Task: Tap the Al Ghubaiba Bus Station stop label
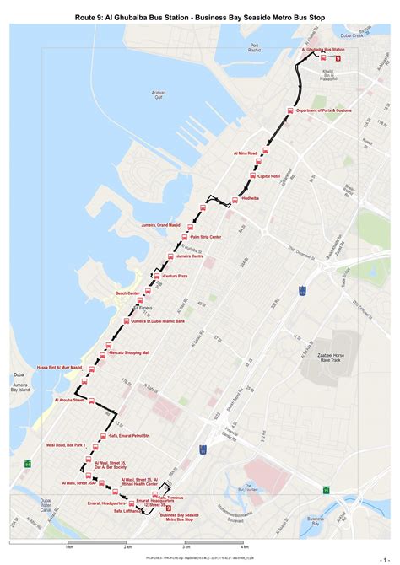coord(322,51)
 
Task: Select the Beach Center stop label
coord(133,293)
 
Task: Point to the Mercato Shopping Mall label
coord(129,352)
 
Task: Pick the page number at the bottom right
coord(384,558)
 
